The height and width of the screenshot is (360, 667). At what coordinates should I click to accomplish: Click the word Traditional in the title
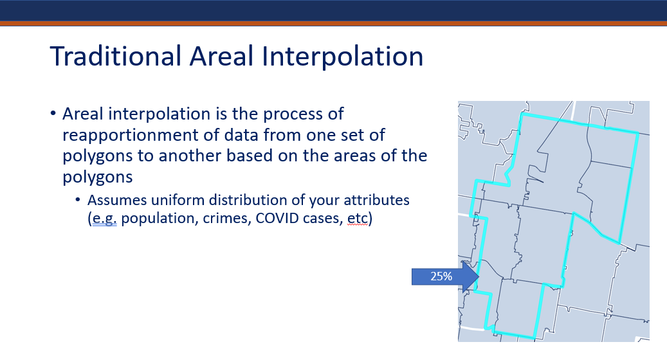tap(116, 56)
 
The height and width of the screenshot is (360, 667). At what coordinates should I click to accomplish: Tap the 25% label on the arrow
tap(441, 276)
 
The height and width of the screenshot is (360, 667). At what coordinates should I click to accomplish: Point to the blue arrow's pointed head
tap(479, 276)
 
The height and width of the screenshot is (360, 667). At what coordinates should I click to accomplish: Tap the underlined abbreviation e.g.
tap(104, 219)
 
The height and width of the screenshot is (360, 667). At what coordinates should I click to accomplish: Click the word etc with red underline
tap(358, 218)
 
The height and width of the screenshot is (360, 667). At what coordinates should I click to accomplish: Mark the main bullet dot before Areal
tap(53, 114)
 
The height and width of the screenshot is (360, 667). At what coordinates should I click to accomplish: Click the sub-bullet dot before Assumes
tap(78, 200)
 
